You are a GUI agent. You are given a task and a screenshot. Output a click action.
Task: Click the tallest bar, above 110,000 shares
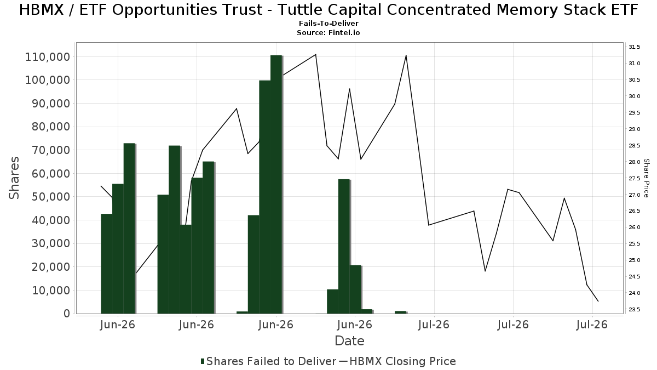coord(276,184)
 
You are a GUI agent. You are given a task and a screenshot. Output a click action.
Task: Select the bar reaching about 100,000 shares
coord(265,197)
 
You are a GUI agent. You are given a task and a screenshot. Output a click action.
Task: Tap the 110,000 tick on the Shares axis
coord(48,57)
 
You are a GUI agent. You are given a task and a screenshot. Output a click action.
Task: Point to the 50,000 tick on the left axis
coord(51,197)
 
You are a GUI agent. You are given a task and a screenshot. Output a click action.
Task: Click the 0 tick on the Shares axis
coord(67,314)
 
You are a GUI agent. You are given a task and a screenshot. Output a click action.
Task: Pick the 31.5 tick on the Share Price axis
coord(634,47)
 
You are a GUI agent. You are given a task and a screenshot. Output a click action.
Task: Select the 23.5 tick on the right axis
coord(634,310)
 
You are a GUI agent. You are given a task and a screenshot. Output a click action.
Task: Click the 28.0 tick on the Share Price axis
coord(634,162)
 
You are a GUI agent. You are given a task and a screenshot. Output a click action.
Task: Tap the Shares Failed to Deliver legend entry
coord(268,361)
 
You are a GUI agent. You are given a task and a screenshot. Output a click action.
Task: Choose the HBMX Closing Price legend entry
coord(397,361)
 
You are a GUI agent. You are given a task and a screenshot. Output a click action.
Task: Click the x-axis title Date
coord(349,341)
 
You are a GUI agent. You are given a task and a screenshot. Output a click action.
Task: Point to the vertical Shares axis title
coord(14,178)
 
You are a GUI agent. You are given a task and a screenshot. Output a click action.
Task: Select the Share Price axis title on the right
coord(646,178)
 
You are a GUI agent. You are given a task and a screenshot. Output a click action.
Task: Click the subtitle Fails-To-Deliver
coord(328,23)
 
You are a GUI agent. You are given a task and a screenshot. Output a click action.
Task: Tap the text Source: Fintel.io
coord(328,32)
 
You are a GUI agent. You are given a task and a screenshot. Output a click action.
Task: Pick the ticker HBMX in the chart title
coord(42,9)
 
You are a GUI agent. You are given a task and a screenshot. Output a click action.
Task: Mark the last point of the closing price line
coord(598,301)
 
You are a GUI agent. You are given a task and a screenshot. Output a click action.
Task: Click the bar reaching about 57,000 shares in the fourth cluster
coord(344,246)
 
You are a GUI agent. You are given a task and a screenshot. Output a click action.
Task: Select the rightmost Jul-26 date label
coord(592,325)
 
